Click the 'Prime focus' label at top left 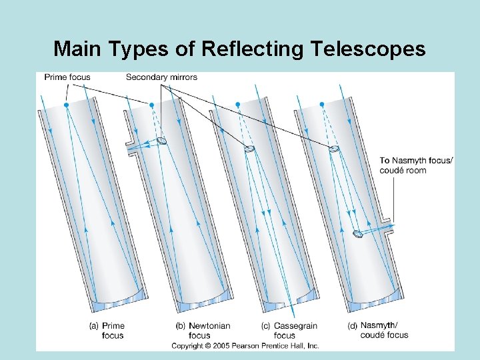click(x=67, y=77)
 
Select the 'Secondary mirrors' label click(x=161, y=77)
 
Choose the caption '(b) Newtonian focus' click(x=203, y=331)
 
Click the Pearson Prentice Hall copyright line click(x=245, y=345)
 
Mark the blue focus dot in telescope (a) click(x=66, y=105)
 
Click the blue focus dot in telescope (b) click(x=151, y=105)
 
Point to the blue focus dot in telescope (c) click(x=237, y=105)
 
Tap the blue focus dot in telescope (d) click(x=322, y=105)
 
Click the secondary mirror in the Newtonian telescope click(x=162, y=141)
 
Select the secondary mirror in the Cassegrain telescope click(x=249, y=149)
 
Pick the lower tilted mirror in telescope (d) click(x=358, y=233)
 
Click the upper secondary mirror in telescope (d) click(x=334, y=149)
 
